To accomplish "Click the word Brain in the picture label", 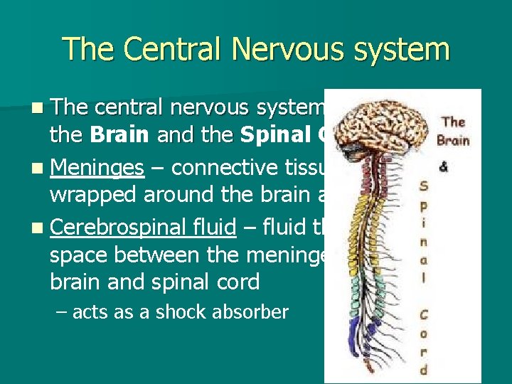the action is click(453, 139).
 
